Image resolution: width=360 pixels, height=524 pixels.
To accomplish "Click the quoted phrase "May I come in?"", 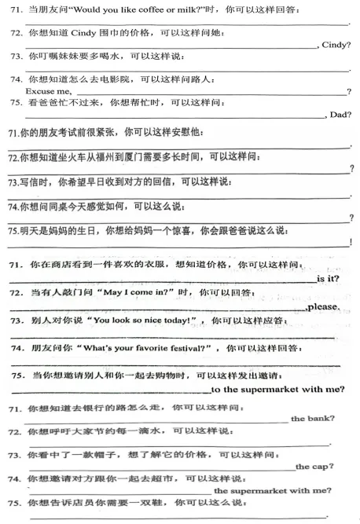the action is point(129,292).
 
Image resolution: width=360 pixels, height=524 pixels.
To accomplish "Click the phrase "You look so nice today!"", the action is point(140,321).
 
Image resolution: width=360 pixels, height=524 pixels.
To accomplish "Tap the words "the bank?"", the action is point(313,418).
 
